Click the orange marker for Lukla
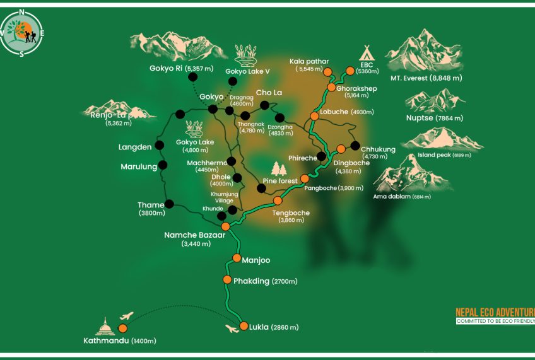(243, 327)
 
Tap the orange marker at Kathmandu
(122, 328)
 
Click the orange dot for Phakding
(227, 280)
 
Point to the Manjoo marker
(237, 258)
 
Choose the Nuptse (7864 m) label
(435, 118)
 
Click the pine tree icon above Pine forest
(279, 169)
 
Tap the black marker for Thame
(169, 204)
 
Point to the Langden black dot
(160, 146)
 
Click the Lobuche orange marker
(314, 117)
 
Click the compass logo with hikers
(22, 32)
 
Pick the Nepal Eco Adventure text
(495, 312)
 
